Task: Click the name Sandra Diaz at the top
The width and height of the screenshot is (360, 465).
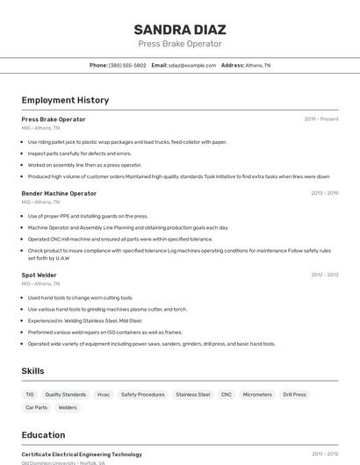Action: (x=179, y=29)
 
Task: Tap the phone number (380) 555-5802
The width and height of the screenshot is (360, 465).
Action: (x=127, y=65)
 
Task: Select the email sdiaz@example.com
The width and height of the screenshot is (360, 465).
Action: (x=192, y=65)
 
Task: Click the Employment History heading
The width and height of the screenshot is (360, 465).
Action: (x=65, y=100)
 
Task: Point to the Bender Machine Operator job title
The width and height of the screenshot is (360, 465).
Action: (x=59, y=193)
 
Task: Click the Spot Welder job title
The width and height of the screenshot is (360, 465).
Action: (x=40, y=275)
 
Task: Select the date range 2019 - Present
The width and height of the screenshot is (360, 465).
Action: (x=321, y=118)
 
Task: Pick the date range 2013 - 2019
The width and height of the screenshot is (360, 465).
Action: (x=324, y=193)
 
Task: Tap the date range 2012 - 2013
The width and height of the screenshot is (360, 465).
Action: (x=324, y=275)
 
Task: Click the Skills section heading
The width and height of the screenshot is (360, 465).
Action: (x=32, y=371)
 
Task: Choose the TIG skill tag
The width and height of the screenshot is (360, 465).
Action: (x=30, y=395)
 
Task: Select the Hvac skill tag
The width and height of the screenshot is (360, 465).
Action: (x=104, y=395)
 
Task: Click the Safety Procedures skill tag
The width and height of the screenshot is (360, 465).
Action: (x=142, y=395)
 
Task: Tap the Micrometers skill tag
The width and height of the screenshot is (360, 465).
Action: (x=257, y=395)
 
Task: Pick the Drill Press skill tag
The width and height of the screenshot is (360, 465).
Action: (x=294, y=395)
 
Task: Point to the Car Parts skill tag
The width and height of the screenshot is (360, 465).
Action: (x=36, y=407)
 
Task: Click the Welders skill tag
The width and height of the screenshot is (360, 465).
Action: (x=68, y=407)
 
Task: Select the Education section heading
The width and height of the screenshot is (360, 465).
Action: (x=43, y=434)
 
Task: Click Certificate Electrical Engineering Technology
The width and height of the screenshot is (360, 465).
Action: (x=82, y=454)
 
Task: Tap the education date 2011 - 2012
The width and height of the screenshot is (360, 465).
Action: (x=325, y=454)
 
